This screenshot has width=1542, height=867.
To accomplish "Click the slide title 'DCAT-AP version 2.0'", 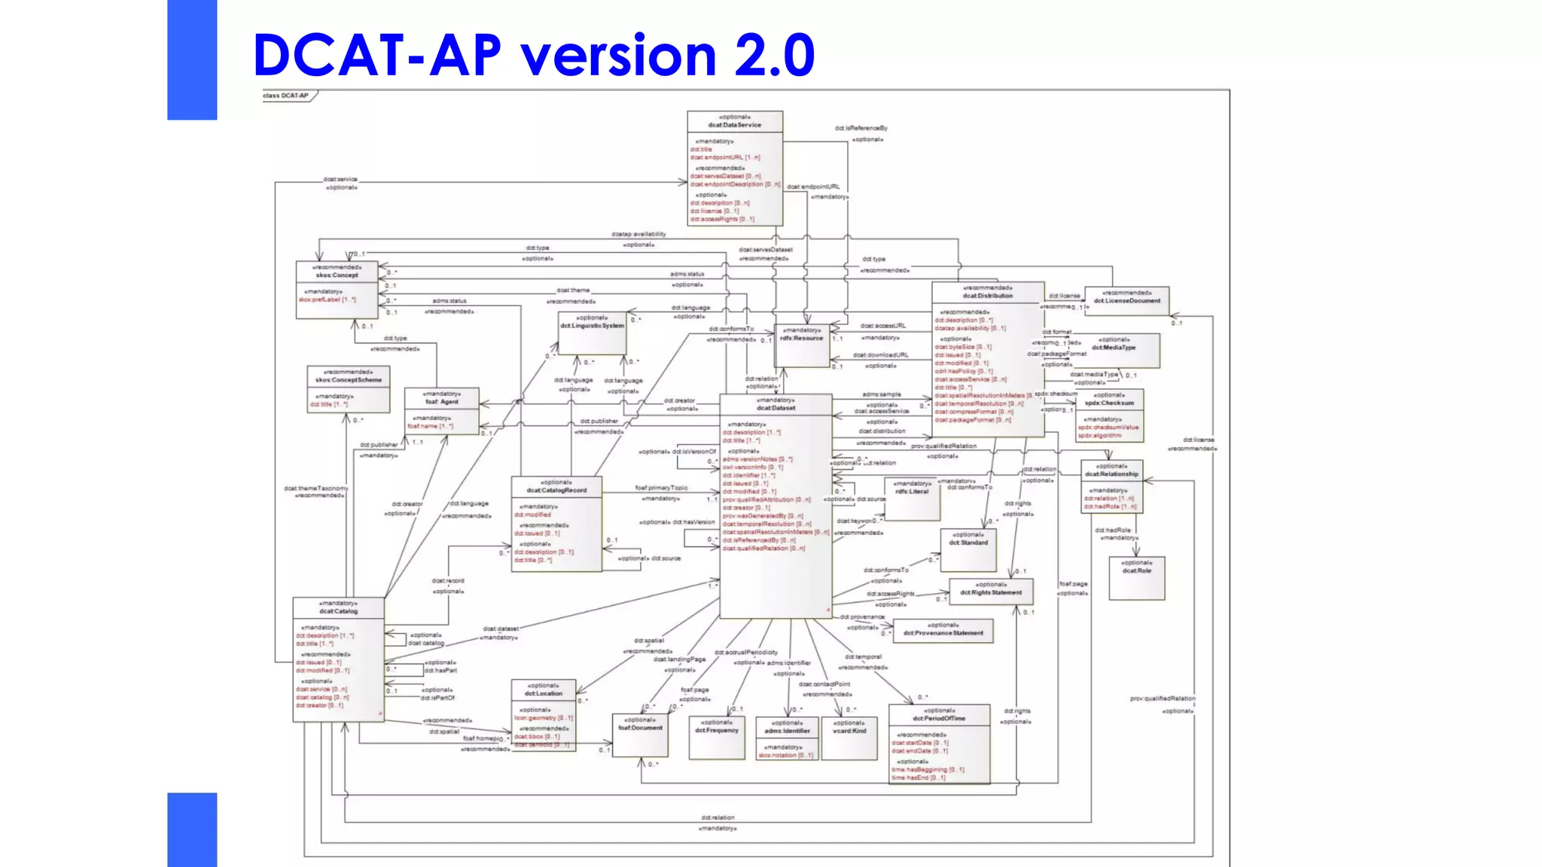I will (x=533, y=55).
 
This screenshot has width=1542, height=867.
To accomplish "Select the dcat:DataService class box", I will (x=735, y=169).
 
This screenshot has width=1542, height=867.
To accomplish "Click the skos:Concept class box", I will (x=337, y=290).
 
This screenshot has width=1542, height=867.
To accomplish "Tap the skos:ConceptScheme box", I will (x=348, y=389).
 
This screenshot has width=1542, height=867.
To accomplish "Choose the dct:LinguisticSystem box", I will (x=592, y=333).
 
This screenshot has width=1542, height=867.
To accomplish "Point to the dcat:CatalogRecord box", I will (x=556, y=524).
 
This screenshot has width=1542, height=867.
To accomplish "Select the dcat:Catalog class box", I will (x=338, y=659).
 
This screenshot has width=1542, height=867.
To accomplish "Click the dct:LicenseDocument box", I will (x=1126, y=301).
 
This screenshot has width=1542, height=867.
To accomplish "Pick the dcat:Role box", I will (x=1136, y=578).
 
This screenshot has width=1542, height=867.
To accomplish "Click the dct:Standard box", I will (x=968, y=549).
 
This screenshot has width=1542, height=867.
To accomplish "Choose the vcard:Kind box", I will (x=849, y=738).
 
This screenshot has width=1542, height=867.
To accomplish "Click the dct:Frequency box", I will (x=717, y=737).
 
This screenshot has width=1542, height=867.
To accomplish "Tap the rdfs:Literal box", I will (x=912, y=499).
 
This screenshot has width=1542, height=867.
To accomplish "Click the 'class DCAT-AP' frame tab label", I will (x=287, y=96).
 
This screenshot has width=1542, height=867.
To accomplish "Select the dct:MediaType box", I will (x=1114, y=351).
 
